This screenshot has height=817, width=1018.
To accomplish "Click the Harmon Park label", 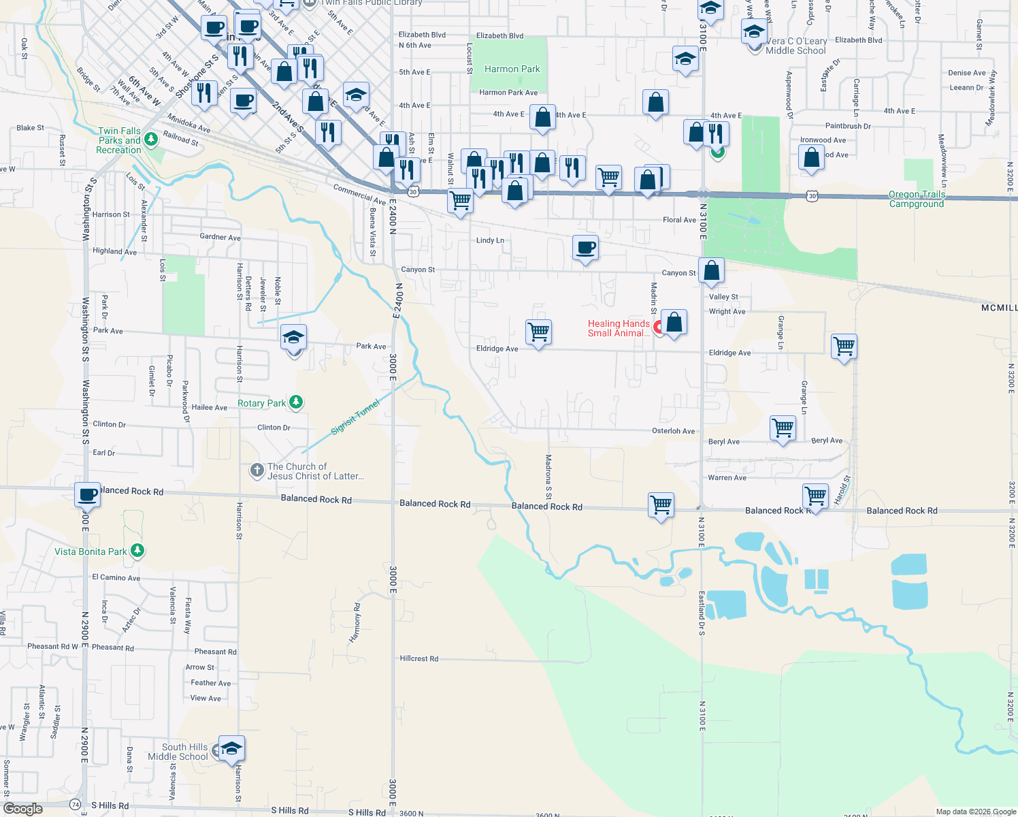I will (x=512, y=69).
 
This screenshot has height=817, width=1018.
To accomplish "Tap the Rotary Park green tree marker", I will (x=295, y=402).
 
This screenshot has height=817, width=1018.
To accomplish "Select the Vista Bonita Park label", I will (x=91, y=551).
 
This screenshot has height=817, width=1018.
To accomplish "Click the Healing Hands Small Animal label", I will (x=619, y=328).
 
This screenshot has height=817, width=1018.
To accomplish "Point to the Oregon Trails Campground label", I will (x=917, y=199).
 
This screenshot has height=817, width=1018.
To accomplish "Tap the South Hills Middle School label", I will (x=178, y=752).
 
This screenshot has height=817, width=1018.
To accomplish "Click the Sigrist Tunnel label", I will (x=355, y=417).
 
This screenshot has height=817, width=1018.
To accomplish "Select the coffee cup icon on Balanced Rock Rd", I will (x=88, y=495).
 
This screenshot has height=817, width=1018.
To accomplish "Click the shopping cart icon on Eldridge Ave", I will (x=538, y=332).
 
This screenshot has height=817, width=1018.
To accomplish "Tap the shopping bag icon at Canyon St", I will (x=711, y=270).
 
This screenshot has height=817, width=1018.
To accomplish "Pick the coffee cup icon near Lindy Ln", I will (x=585, y=248).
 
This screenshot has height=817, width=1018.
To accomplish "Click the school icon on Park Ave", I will (x=293, y=338).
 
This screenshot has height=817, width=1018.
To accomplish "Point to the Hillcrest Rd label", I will (x=418, y=658).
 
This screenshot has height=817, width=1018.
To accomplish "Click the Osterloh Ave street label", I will (x=673, y=431).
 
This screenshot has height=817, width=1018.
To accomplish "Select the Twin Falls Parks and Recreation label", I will (x=119, y=140).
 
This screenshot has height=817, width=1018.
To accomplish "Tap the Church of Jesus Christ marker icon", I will (x=257, y=470).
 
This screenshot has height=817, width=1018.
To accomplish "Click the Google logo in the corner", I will (x=22, y=809).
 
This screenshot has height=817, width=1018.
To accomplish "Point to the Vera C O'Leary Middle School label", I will (x=795, y=46).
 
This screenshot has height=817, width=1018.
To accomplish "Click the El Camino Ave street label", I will (x=116, y=577).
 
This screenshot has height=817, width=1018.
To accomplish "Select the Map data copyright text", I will (x=975, y=812).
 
